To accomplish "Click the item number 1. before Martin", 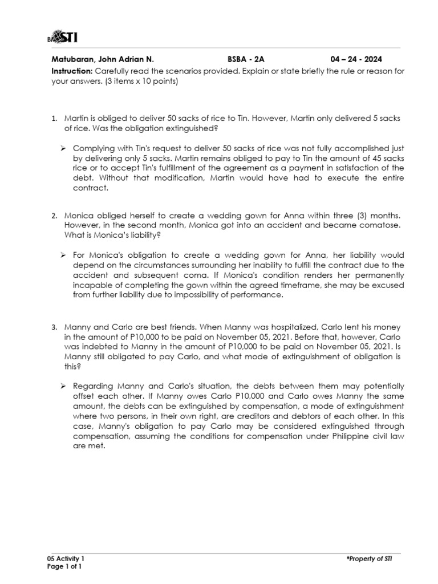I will [x=54, y=118].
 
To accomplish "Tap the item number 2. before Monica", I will [x=54, y=216].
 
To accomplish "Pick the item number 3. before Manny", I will [x=54, y=327].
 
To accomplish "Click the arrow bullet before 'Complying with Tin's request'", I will [x=64, y=148].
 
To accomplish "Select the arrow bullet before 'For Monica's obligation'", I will [x=64, y=254].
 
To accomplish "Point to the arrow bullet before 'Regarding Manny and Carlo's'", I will [x=64, y=386].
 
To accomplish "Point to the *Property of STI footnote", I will [x=368, y=558].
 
